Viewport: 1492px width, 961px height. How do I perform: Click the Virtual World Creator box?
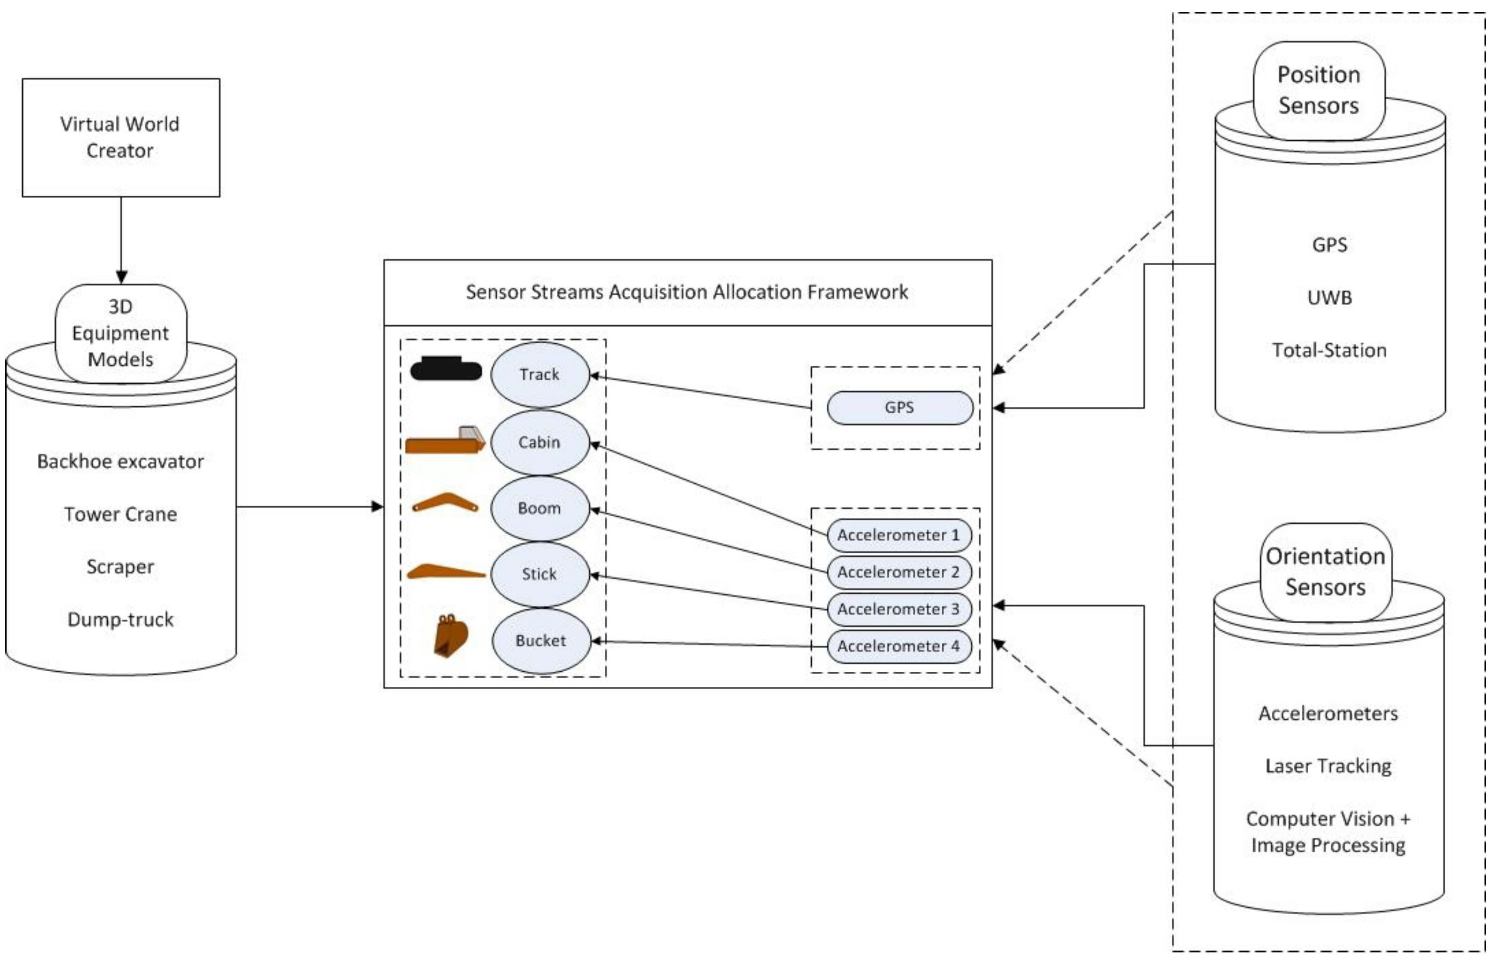(x=121, y=137)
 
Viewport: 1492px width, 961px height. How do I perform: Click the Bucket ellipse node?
(x=540, y=641)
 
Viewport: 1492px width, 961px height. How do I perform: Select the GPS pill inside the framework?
(x=899, y=407)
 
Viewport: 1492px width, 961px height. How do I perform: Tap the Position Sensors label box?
(x=1319, y=91)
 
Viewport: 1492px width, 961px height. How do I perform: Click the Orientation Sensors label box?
(x=1325, y=572)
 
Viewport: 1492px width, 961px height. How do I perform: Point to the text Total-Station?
(x=1329, y=350)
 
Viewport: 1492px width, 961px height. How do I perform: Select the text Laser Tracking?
(x=1328, y=766)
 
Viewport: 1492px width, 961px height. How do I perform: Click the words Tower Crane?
(x=121, y=514)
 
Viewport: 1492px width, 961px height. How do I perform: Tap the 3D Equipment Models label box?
(x=121, y=333)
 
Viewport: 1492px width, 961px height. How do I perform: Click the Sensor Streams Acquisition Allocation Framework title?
(x=687, y=292)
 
